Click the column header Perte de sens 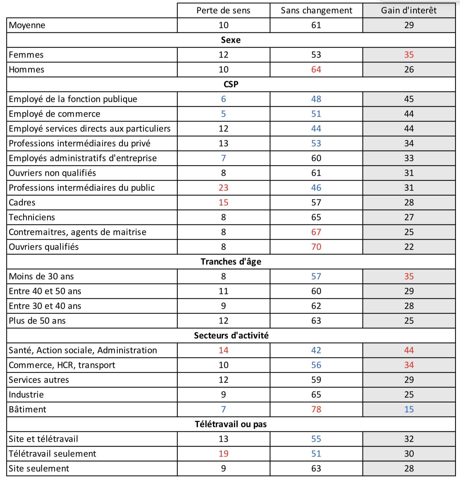point(223,10)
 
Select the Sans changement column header point(316,10)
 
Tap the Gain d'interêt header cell point(409,10)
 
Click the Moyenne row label point(27,25)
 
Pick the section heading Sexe point(231,40)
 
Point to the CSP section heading point(231,84)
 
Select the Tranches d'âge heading point(231,262)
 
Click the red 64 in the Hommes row point(316,70)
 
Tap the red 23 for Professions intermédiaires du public point(223,188)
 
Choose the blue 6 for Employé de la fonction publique point(223,99)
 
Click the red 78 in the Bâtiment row point(316,409)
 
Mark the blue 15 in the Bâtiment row point(409,409)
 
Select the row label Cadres point(22,203)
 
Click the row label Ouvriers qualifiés point(44,247)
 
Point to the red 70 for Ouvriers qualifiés point(316,247)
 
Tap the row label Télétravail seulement point(52,454)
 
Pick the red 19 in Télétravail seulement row point(223,454)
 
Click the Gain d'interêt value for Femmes point(409,55)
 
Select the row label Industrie point(26,395)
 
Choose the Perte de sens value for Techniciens point(223,217)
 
